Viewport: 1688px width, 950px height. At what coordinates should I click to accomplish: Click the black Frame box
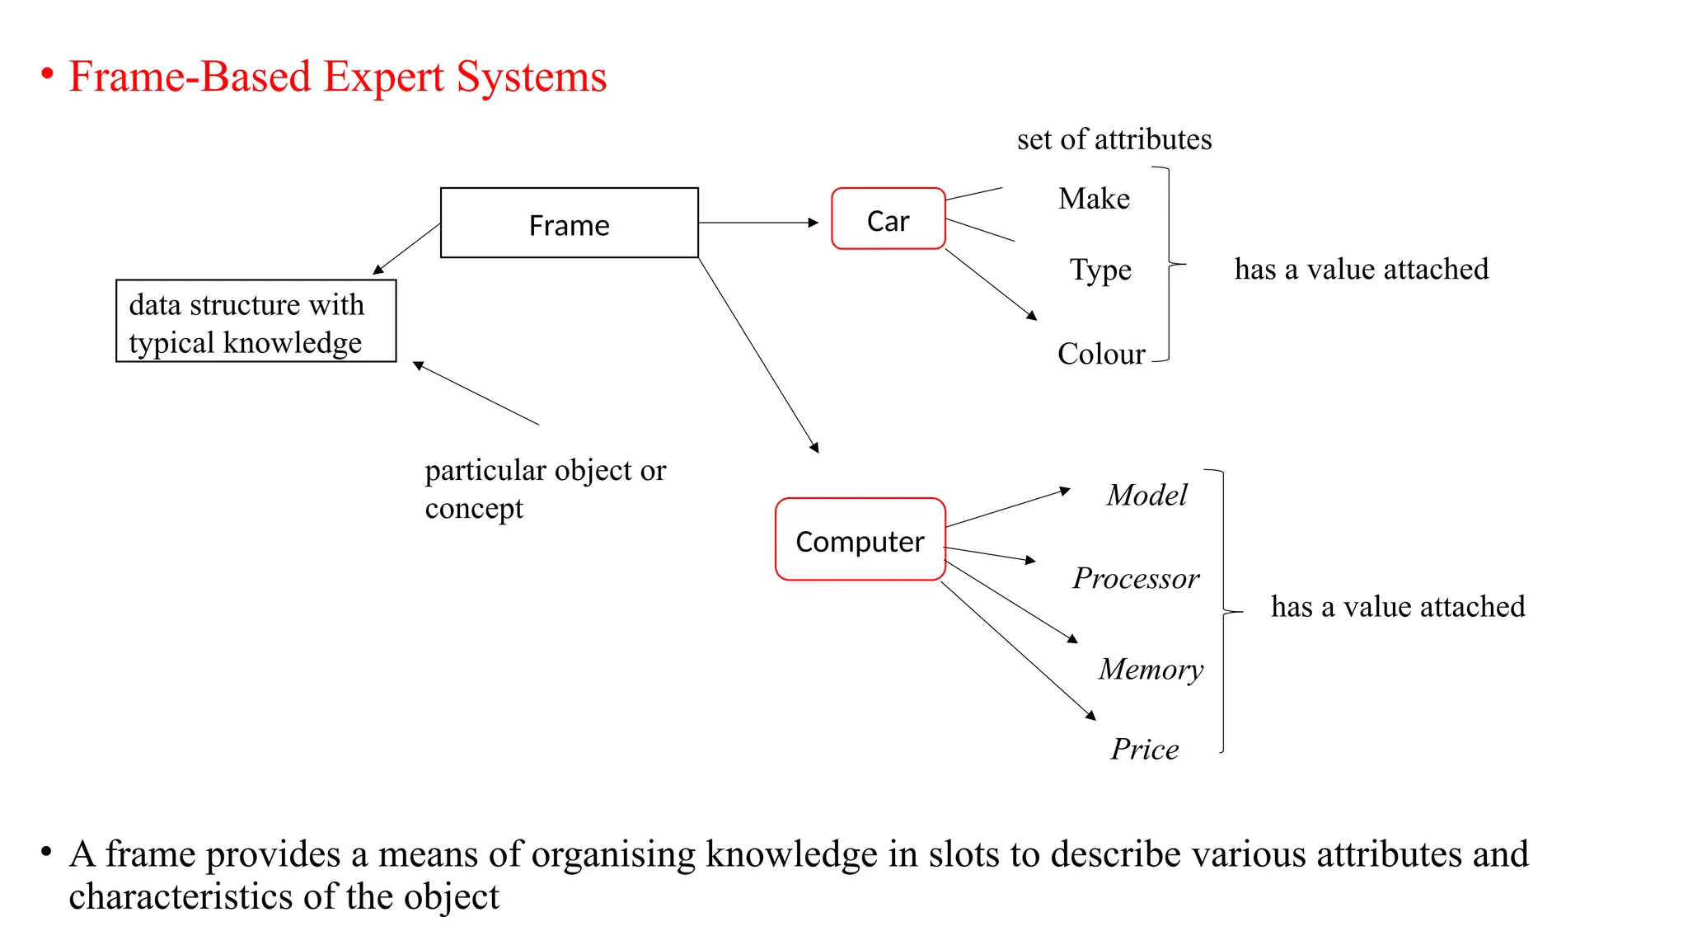click(569, 223)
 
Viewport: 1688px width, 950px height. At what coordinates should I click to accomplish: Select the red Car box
click(888, 219)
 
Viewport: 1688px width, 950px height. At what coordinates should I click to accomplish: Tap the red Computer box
click(860, 540)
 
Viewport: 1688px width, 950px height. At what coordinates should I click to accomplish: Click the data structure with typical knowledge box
click(256, 322)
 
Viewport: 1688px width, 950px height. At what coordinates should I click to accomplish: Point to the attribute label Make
click(1094, 199)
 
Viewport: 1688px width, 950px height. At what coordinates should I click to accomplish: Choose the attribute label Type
click(1100, 270)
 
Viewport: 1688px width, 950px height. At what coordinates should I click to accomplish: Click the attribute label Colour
click(1101, 354)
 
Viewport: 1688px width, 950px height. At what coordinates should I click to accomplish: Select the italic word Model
click(1146, 495)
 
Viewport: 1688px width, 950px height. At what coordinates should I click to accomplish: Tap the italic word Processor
click(1136, 578)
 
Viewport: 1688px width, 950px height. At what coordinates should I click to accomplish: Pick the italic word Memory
click(1151, 669)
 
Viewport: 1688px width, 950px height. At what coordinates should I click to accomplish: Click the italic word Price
click(1144, 749)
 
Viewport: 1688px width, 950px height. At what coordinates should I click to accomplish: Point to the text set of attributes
click(1114, 139)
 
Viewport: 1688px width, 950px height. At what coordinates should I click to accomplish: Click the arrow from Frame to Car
click(758, 223)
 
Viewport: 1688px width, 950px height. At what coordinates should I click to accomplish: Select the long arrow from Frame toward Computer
click(758, 355)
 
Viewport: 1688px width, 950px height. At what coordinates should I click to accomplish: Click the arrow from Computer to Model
click(1007, 508)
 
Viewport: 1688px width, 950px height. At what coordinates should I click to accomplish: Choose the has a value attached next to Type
click(1361, 269)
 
